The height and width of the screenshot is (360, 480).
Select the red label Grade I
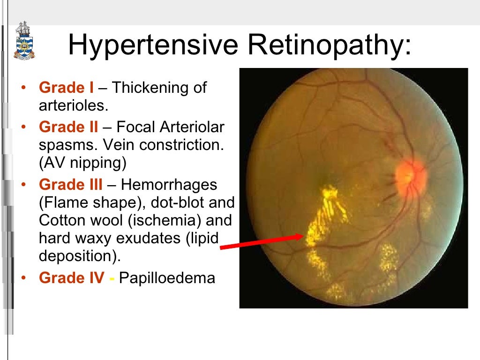click(66, 88)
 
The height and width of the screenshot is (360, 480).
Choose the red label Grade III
click(71, 185)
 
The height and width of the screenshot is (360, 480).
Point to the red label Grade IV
click(72, 278)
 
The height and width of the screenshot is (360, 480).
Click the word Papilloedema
click(167, 278)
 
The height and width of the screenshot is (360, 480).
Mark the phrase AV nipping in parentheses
click(83, 163)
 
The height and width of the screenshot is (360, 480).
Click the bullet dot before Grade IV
click(24, 278)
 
